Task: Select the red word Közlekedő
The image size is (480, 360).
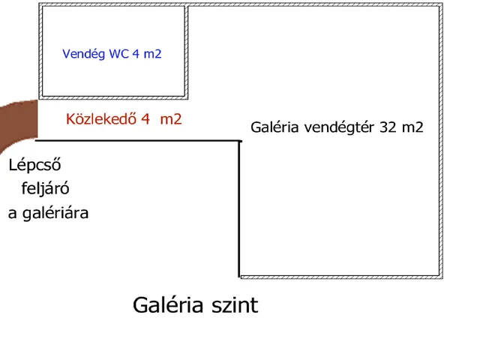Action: [101, 118]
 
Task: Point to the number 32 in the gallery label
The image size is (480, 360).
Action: [388, 127]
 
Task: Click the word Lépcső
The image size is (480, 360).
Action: [35, 165]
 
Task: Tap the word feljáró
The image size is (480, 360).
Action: [45, 188]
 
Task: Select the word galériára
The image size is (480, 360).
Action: [55, 213]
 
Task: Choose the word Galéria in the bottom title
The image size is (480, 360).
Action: [168, 304]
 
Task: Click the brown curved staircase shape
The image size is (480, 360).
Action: [18, 122]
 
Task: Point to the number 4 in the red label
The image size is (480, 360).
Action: [145, 118]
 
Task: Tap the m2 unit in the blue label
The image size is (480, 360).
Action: [152, 54]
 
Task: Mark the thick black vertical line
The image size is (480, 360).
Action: [239, 209]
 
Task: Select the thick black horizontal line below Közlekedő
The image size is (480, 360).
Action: [138, 141]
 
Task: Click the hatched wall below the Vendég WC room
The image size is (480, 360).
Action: [113, 98]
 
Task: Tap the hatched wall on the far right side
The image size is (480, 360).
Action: [441, 141]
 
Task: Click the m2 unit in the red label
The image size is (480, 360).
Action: [171, 118]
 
